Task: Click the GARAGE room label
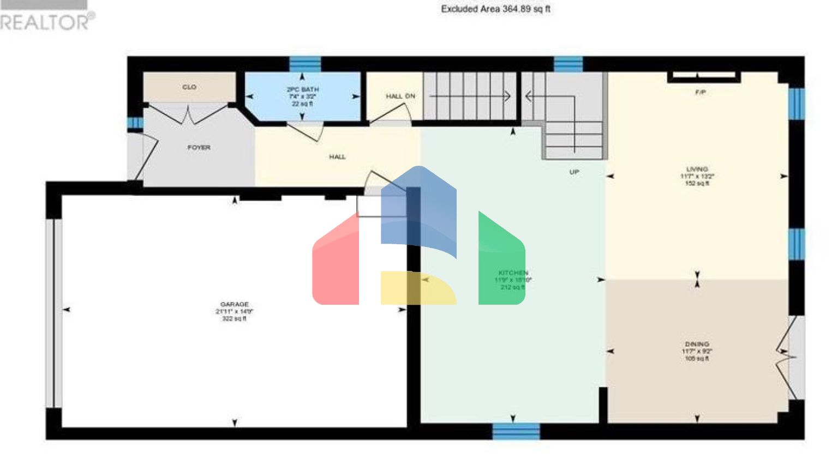pos(234,304)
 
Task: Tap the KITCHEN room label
pos(513,273)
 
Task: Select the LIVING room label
pos(697,170)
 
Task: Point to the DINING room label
pos(697,345)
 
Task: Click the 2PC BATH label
pos(302,89)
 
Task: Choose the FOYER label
pos(199,148)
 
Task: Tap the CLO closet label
pos(189,87)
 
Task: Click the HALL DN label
pos(400,96)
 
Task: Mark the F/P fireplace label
pos(701,93)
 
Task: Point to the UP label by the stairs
pos(574,172)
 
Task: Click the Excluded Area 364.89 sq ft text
pos(495,9)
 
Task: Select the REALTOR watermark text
pos(46,22)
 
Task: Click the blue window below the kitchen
pos(516,432)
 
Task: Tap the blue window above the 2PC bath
pos(304,64)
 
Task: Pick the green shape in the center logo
pos(501,262)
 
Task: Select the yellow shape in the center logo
pos(417,288)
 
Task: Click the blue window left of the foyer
pos(135,123)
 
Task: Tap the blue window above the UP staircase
pos(568,64)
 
